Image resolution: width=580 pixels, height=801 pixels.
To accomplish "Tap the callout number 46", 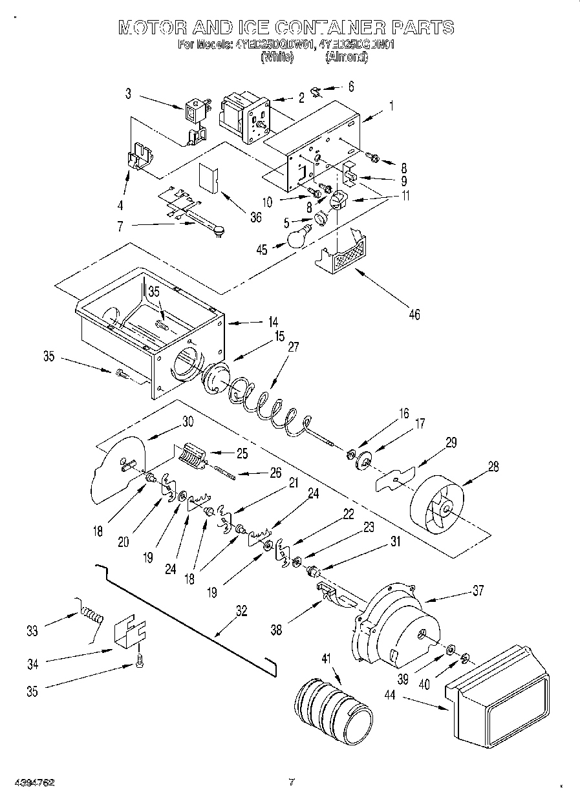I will [x=414, y=314].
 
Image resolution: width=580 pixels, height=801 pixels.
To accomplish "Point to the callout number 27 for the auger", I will [x=294, y=347].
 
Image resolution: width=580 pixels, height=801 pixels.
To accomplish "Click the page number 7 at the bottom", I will [x=292, y=782].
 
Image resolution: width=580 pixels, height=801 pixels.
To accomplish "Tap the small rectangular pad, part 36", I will [x=209, y=176].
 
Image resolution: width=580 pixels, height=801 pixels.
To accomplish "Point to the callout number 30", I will [x=188, y=422].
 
